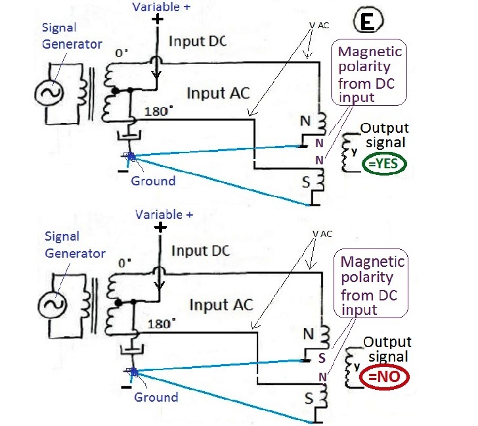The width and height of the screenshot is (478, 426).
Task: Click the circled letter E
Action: click(x=368, y=21)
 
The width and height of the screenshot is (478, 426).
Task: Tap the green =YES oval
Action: click(x=384, y=164)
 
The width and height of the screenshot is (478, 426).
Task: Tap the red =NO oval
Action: click(x=384, y=377)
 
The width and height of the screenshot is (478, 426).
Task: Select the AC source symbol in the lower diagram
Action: click(x=52, y=304)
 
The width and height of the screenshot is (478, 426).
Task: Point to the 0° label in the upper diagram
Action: click(x=121, y=53)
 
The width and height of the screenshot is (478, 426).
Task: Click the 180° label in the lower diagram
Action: click(x=162, y=323)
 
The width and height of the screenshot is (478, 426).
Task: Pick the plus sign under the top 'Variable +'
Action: click(x=158, y=20)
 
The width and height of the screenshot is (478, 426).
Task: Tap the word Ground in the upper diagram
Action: click(x=154, y=181)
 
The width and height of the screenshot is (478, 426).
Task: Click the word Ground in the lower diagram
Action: click(x=156, y=397)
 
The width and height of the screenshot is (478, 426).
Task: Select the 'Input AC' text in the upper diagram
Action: click(x=218, y=93)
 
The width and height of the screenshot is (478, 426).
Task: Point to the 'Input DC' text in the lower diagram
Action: click(x=201, y=251)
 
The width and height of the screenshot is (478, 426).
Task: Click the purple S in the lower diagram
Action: click(x=322, y=358)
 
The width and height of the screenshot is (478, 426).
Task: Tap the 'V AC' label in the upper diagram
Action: click(x=319, y=26)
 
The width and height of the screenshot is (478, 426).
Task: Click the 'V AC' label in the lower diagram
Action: click(x=322, y=234)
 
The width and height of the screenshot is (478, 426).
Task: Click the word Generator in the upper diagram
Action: click(x=72, y=44)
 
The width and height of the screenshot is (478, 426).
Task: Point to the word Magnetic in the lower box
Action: click(x=372, y=262)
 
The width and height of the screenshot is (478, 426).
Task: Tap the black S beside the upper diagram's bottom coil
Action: click(x=306, y=182)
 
